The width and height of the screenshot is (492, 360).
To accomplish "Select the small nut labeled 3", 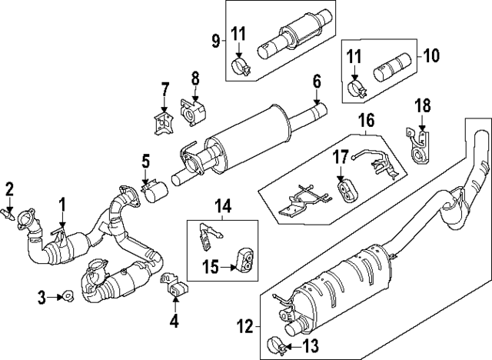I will point(66,295).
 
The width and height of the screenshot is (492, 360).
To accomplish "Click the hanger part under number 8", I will point(190,112).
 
